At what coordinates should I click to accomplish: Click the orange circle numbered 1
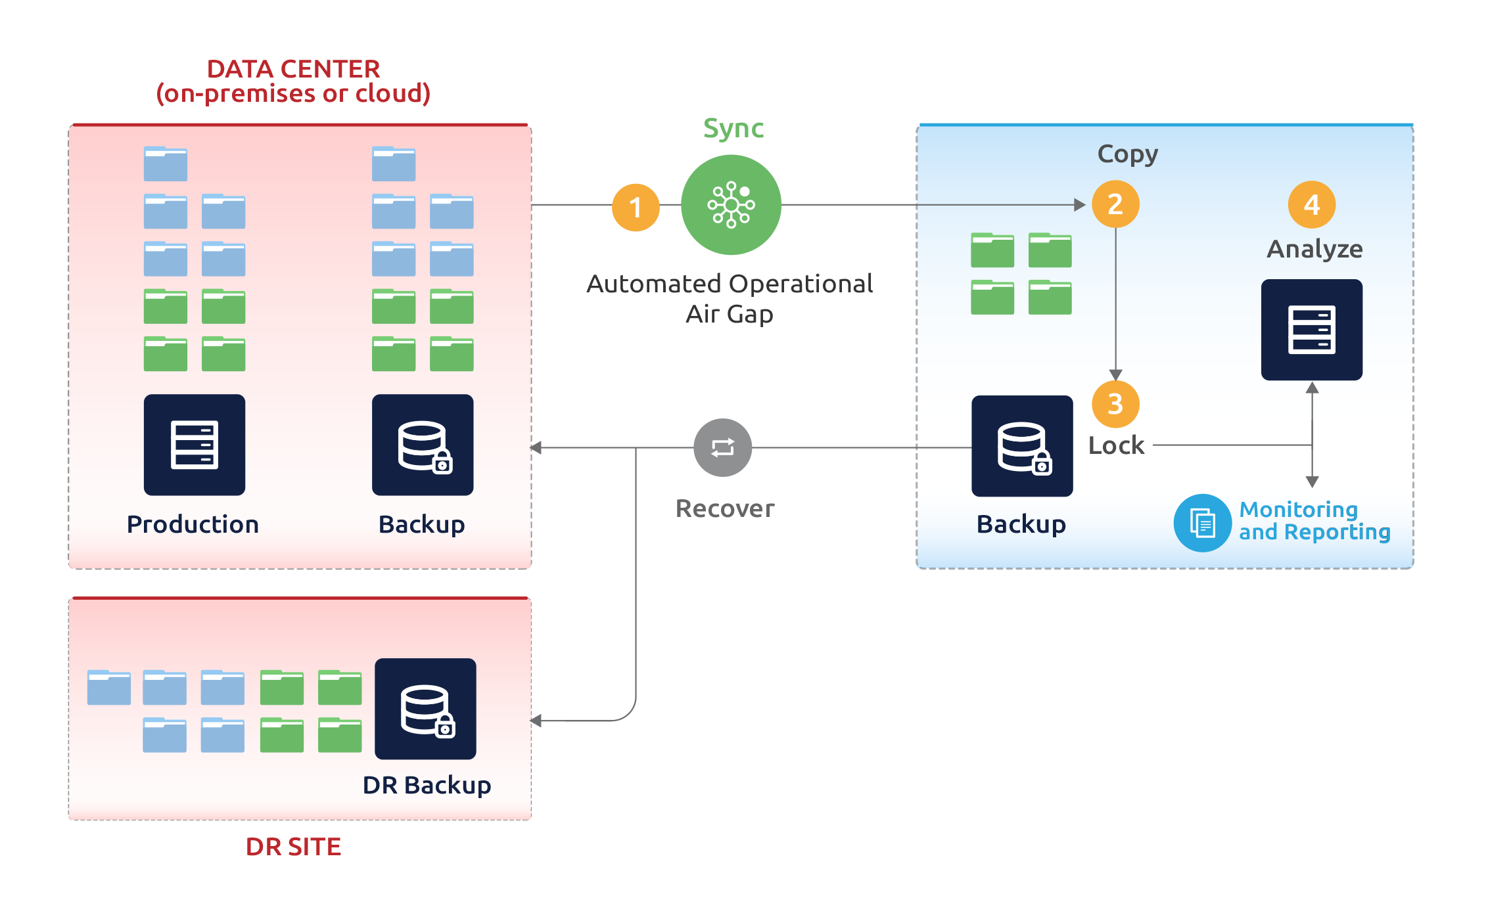[x=636, y=208]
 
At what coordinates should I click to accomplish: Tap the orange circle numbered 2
[x=1115, y=204]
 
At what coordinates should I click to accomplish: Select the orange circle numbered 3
[x=1115, y=404]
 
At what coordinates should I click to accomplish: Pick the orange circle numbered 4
[x=1312, y=205]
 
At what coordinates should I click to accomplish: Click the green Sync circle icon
[x=731, y=205]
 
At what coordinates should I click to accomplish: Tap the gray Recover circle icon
[x=723, y=448]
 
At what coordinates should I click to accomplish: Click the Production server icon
[x=195, y=445]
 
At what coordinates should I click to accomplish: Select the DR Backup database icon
[x=425, y=709]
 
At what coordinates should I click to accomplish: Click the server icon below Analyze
[x=1312, y=330]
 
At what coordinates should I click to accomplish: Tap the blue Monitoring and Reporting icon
[x=1203, y=523]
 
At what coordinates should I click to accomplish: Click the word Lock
[x=1116, y=445]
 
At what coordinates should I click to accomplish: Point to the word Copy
[x=1128, y=154]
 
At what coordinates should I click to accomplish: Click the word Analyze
[x=1314, y=249]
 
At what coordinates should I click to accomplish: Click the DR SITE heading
[x=293, y=846]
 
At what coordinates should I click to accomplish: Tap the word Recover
[x=725, y=508]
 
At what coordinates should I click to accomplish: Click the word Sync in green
[x=733, y=128]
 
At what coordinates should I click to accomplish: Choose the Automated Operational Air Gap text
[x=730, y=298]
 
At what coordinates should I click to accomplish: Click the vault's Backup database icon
[x=1022, y=446]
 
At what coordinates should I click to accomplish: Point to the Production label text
[x=193, y=524]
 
